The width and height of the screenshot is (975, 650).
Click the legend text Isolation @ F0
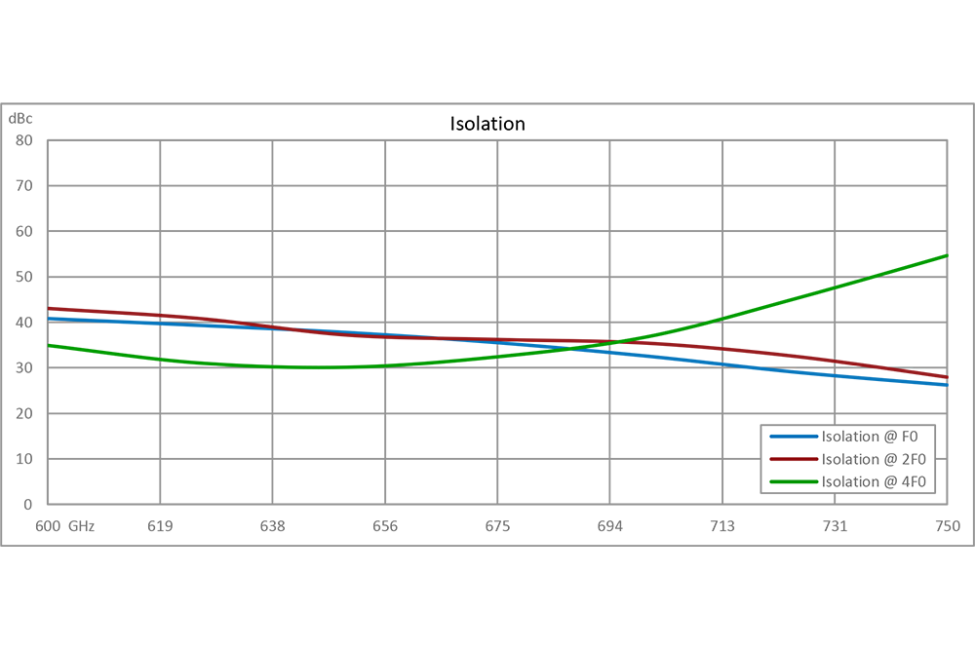(872, 437)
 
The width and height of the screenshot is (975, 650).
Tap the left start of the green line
(51, 347)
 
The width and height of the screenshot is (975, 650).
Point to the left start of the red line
(51, 305)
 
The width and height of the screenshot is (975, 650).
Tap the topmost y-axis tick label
(25, 123)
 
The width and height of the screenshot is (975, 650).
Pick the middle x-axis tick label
(497, 525)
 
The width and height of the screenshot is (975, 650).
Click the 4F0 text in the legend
(910, 481)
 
